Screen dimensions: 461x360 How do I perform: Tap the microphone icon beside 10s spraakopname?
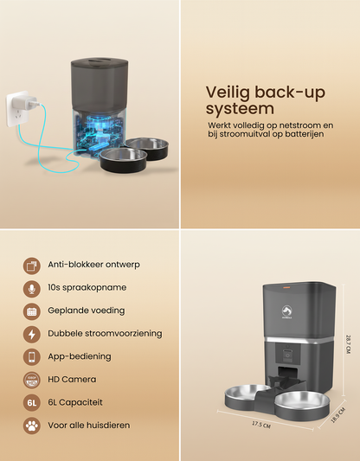31,288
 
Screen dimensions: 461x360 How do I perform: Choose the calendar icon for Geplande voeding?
31,311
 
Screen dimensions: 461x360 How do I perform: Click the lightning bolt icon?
31,333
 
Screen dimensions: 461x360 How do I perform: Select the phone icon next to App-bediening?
31,355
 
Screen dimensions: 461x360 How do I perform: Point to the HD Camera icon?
31,379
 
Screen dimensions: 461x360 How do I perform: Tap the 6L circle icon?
31,401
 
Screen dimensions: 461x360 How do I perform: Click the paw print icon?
31,425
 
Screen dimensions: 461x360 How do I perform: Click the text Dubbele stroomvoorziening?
105,333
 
